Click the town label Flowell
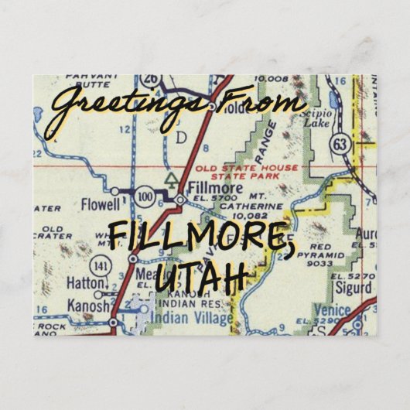pos(101,205)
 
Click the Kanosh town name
pos(85,306)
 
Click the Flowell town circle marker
pos(114,190)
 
